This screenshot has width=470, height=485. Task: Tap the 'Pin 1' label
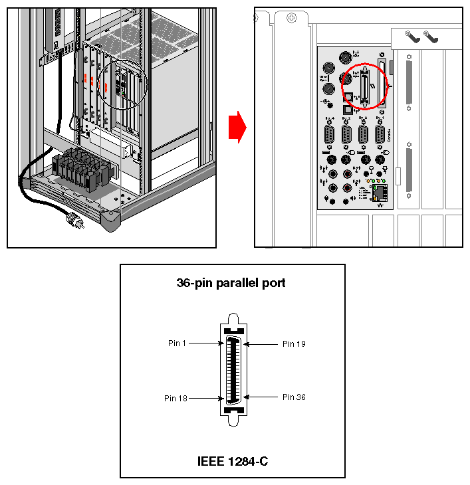[x=177, y=343]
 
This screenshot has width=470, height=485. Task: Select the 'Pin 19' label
[x=294, y=343]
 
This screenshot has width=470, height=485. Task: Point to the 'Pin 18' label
[x=176, y=398]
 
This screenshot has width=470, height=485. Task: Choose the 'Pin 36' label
[x=294, y=397]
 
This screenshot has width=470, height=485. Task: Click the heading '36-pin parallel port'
[x=231, y=282]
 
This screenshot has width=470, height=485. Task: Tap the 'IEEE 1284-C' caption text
[x=233, y=460]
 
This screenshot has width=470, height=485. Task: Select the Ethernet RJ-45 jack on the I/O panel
[x=380, y=194]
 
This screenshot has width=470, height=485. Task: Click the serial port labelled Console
[x=380, y=135]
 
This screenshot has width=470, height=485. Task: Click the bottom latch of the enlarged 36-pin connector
[x=232, y=418]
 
